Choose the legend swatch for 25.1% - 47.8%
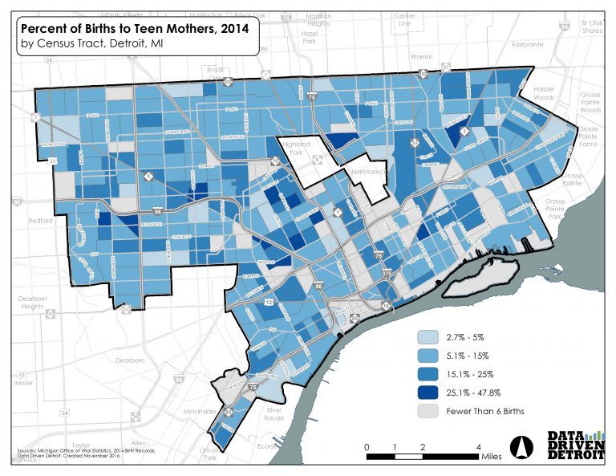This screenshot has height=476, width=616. (x=432, y=393)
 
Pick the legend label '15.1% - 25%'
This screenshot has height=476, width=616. (x=471, y=374)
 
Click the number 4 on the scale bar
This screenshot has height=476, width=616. (x=478, y=446)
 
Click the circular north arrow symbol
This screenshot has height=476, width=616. (x=520, y=445)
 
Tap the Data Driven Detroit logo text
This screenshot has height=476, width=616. (x=575, y=445)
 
